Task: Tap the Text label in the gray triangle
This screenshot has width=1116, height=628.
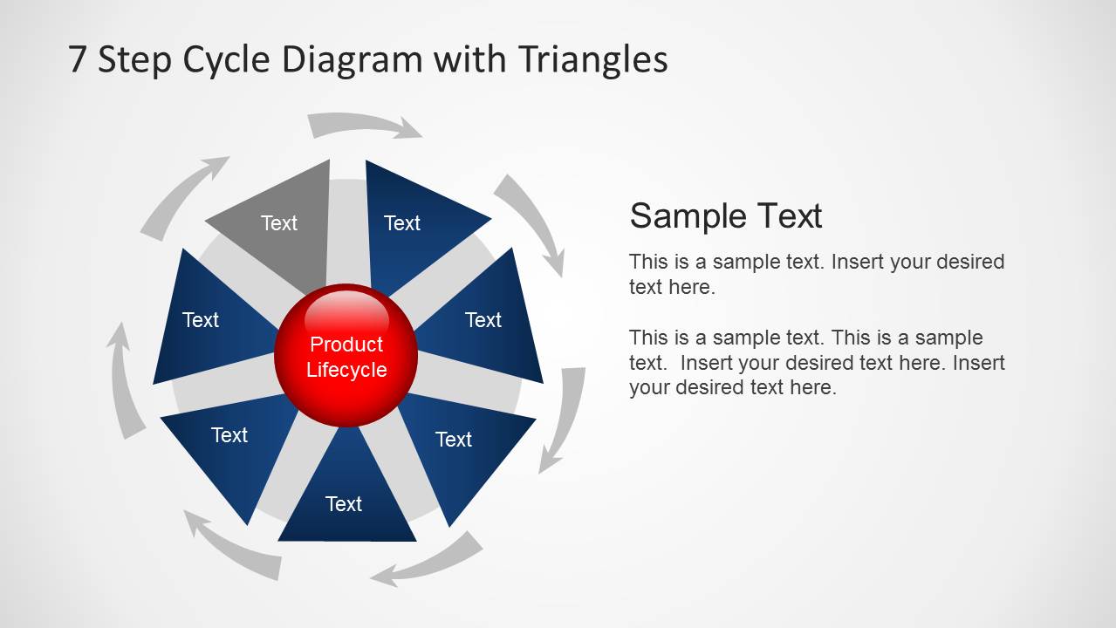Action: tap(279, 223)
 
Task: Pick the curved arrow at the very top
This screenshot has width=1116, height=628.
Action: tap(365, 126)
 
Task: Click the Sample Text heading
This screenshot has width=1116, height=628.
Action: tap(725, 215)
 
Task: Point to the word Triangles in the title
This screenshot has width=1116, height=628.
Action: tap(592, 59)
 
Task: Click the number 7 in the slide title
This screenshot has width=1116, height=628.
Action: tap(78, 59)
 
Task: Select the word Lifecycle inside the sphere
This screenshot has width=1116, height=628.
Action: tap(346, 370)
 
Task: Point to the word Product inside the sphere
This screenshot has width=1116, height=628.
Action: tap(346, 345)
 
